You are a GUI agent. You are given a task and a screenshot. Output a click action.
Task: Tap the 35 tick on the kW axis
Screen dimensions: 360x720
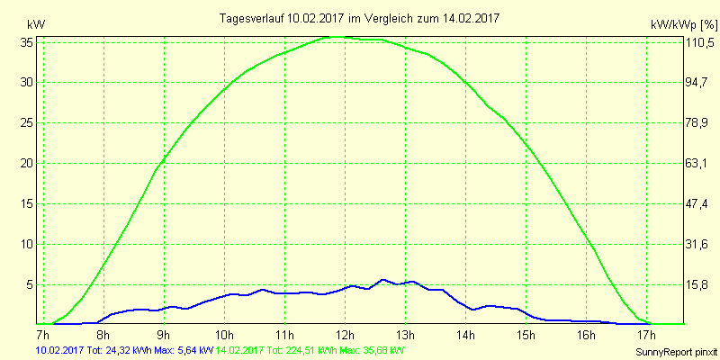(27, 41)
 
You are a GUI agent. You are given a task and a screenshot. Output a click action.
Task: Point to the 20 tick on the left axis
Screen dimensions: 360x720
(27, 163)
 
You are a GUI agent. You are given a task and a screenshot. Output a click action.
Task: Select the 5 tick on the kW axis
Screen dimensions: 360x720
(30, 284)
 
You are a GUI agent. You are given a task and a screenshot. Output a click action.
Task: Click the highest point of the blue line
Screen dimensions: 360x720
(382, 279)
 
